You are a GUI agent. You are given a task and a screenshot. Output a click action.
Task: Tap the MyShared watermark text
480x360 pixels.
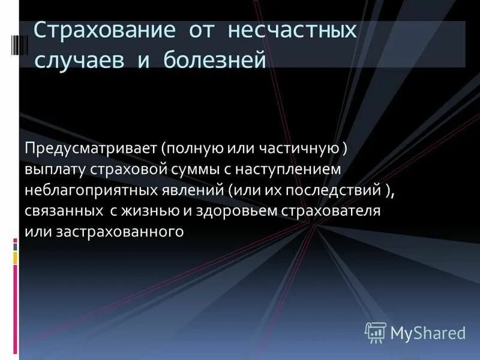click(x=427, y=332)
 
